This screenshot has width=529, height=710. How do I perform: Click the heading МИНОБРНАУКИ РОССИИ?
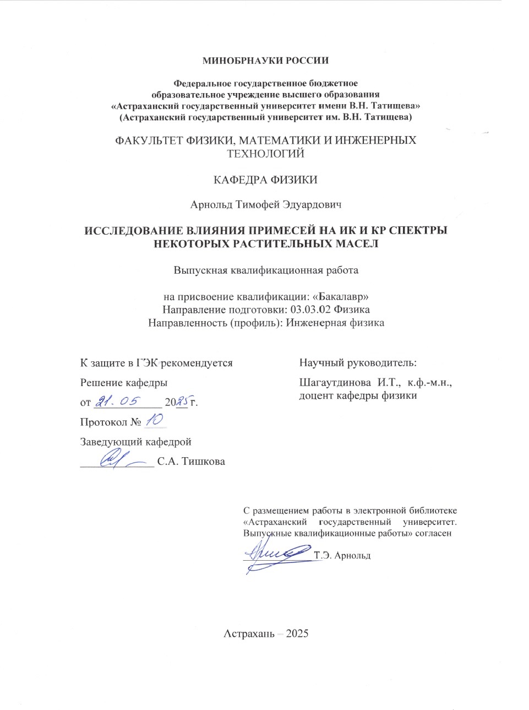tap(265, 61)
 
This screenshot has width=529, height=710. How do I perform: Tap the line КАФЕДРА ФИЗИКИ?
tap(265, 180)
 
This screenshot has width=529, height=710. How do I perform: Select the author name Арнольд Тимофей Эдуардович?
tap(265, 205)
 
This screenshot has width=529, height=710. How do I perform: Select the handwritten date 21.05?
tap(118, 402)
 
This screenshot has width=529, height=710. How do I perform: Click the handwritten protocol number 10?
tap(155, 420)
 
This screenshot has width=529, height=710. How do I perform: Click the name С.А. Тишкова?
tap(191, 462)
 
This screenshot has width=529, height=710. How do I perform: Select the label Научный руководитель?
tap(358, 362)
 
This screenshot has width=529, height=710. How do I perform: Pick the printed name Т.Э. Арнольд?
tap(342, 555)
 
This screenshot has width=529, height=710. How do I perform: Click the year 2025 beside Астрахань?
tap(297, 633)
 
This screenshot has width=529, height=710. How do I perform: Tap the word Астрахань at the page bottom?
tap(249, 633)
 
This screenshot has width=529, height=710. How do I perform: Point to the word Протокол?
tap(103, 422)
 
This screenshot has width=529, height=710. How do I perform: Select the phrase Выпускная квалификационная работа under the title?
tap(265, 270)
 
